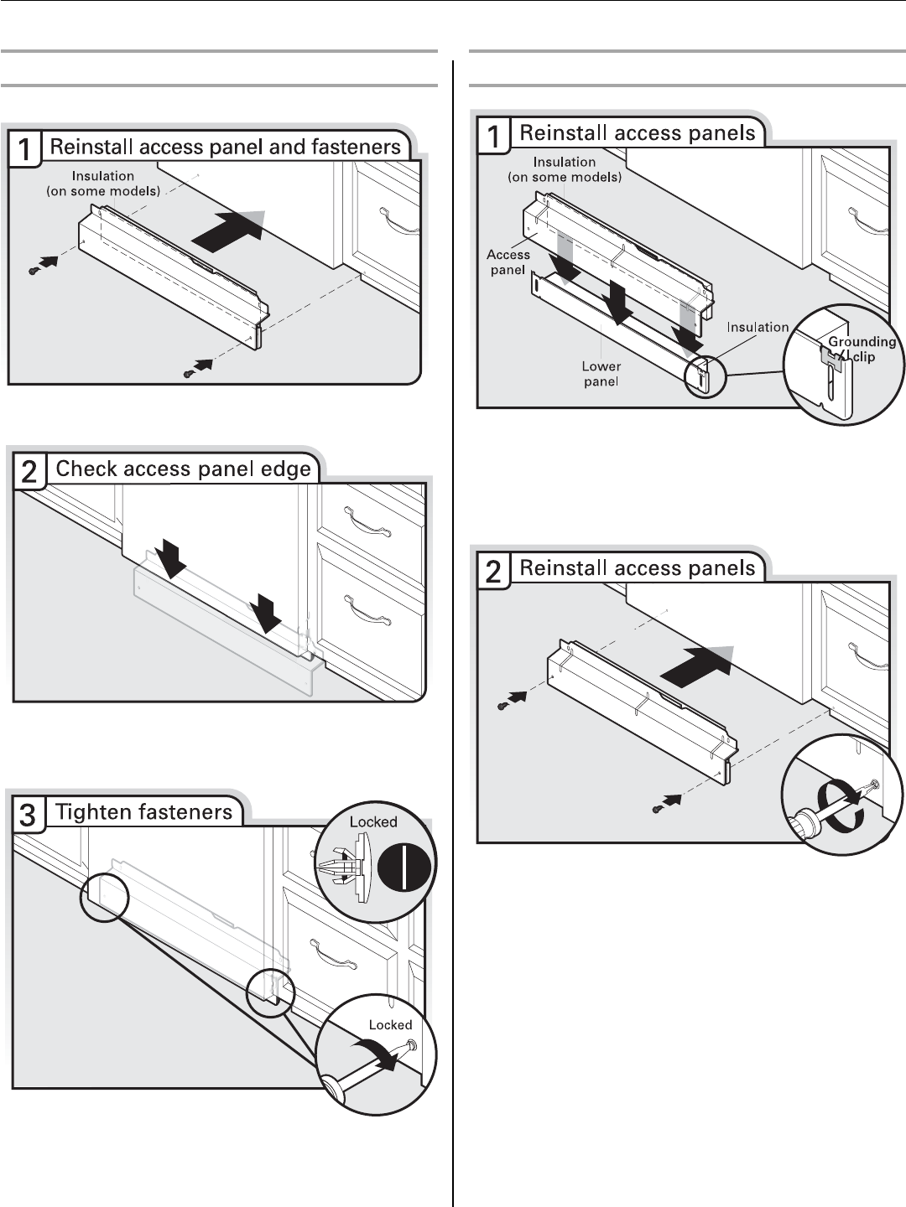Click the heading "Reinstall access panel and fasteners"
tap(225, 148)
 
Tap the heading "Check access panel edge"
tap(183, 469)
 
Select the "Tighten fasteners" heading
tap(143, 812)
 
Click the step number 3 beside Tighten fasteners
tap(28, 815)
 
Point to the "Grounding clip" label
tap(862, 349)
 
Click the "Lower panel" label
tap(601, 374)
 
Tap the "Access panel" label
tap(508, 262)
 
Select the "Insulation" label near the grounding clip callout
tap(758, 328)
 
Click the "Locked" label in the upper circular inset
tap(373, 822)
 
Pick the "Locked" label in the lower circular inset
tap(390, 1025)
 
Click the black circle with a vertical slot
tap(404, 872)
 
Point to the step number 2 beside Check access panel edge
tap(29, 472)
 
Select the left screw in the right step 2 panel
tap(502, 706)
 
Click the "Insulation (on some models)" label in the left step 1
tap(102, 183)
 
